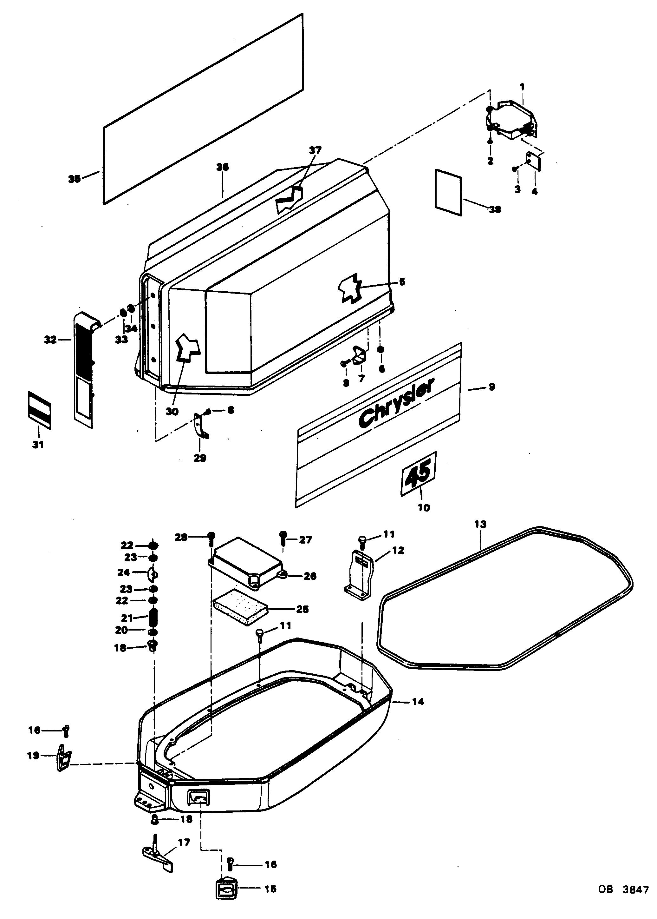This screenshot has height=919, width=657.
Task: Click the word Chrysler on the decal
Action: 396,403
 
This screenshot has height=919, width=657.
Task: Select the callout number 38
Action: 495,209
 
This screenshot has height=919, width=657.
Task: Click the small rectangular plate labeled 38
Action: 448,193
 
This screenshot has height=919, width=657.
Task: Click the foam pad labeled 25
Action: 240,607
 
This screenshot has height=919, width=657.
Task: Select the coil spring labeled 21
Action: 154,618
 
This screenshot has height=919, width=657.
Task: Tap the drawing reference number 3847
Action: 635,889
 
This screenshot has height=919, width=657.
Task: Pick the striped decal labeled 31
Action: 40,409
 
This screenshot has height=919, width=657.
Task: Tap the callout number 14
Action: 418,701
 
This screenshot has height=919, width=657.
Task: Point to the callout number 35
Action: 74,179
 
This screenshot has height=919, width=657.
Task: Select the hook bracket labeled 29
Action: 200,425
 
